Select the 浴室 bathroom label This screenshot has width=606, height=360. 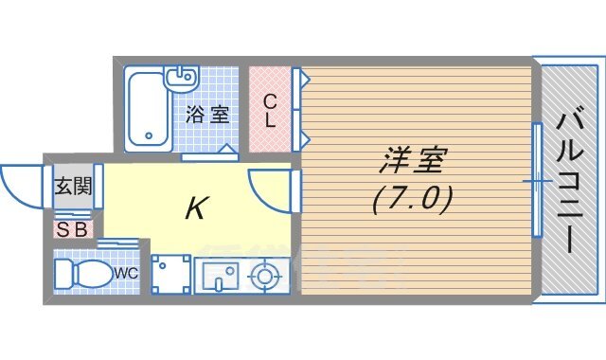pos(207,116)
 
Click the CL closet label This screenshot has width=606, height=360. pos(270,110)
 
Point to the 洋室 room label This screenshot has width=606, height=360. pos(411,161)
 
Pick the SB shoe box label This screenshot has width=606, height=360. pos(72,228)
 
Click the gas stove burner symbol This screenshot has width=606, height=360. pos(262,277)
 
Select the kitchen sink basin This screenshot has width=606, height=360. pos(219,277)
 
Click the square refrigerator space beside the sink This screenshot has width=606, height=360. pos(170,275)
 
